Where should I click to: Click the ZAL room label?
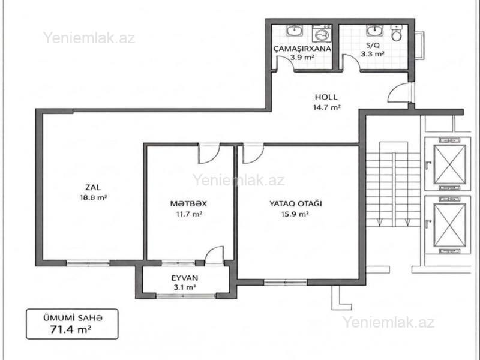[x=93, y=187]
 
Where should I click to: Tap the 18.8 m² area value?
[x=94, y=198]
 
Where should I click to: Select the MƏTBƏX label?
[x=188, y=203]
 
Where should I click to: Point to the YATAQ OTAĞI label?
[x=295, y=203]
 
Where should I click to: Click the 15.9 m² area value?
[x=295, y=214]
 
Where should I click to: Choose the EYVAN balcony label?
[x=185, y=278]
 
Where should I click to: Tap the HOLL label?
[x=326, y=97]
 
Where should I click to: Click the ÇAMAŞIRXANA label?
[x=302, y=49]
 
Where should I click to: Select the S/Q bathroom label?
[x=373, y=46]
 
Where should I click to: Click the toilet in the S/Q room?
[x=397, y=33]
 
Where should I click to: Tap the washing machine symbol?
[x=322, y=34]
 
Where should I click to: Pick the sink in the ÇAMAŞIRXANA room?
[x=295, y=30]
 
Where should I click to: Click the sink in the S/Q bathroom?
[x=374, y=30]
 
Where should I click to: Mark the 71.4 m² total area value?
[x=71, y=329]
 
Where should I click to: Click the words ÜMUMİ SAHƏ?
[x=72, y=318]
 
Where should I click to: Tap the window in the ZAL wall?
[x=88, y=263]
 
